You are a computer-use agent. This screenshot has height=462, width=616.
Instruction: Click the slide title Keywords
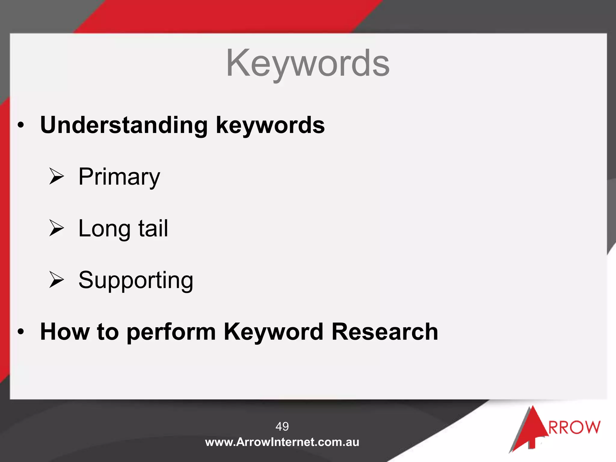pyautogui.click(x=308, y=63)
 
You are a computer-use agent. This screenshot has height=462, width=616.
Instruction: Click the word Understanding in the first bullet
pyautogui.click(x=124, y=125)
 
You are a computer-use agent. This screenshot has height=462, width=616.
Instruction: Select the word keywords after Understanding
pyautogui.click(x=270, y=125)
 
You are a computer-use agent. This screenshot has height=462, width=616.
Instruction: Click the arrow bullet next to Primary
pyautogui.click(x=57, y=176)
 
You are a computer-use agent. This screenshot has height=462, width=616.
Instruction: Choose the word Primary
pyautogui.click(x=119, y=177)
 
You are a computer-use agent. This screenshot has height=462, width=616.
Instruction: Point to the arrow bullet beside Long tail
pyautogui.click(x=57, y=228)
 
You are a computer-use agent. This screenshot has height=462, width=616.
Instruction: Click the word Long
pyautogui.click(x=104, y=229)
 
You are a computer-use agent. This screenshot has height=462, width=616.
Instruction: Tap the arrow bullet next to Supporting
pyautogui.click(x=57, y=280)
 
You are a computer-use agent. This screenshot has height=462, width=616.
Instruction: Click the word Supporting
pyautogui.click(x=136, y=280)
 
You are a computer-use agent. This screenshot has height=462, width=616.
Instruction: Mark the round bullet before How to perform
pyautogui.click(x=20, y=332)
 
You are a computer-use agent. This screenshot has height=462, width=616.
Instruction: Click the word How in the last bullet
pyautogui.click(x=65, y=331)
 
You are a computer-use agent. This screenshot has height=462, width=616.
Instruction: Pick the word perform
pyautogui.click(x=171, y=332)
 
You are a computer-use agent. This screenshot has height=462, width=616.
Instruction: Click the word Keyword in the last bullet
pyautogui.click(x=273, y=331)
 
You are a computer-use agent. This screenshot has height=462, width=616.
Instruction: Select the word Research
pyautogui.click(x=385, y=331)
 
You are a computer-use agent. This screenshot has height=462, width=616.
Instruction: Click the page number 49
pyautogui.click(x=282, y=426)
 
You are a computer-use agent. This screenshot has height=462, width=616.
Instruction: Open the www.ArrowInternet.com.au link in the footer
pyautogui.click(x=282, y=442)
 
